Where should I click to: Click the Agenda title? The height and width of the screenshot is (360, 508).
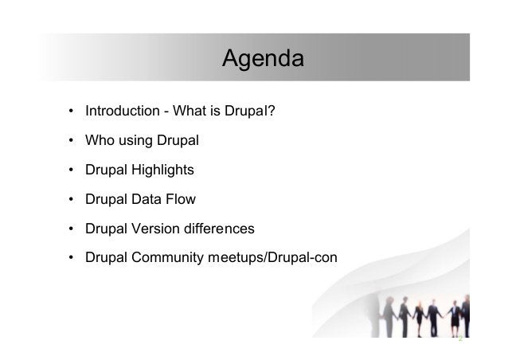click(262, 58)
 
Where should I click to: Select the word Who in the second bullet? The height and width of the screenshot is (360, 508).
click(100, 141)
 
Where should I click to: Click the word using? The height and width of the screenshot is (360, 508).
click(138, 141)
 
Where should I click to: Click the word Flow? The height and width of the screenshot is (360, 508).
click(181, 200)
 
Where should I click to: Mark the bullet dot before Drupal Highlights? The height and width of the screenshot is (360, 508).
click(72, 170)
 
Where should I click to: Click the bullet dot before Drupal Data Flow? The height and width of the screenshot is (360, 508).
click(72, 200)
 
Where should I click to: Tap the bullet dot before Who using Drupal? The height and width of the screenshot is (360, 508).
click(72, 141)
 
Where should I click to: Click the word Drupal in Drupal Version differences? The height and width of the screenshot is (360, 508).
click(105, 229)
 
